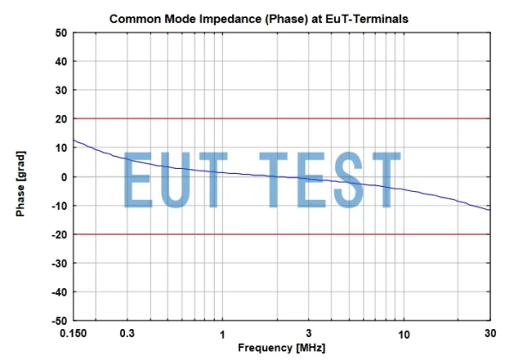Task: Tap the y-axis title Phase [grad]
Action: coord(20,176)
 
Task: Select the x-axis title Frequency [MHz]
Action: coord(282,348)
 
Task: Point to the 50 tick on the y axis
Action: coord(61,33)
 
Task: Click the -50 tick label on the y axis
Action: coord(58,321)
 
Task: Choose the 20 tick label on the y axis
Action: coord(61,119)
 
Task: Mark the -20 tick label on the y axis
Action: coord(58,234)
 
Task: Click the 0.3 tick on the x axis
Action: coord(128,333)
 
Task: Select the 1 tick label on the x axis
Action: coord(223,333)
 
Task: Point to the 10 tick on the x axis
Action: coord(403,333)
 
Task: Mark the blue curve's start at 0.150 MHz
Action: coord(74,140)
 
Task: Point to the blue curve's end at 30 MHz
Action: coord(490,210)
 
